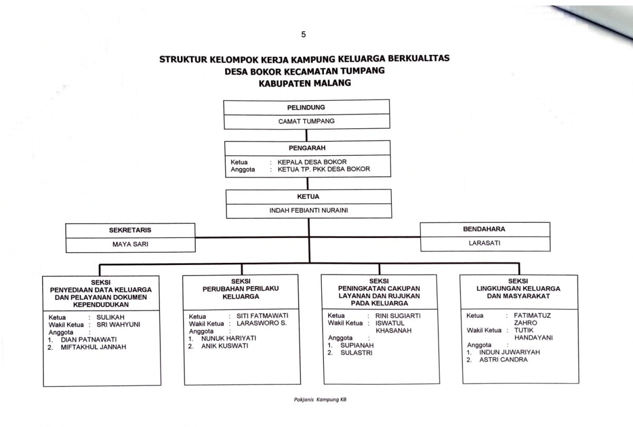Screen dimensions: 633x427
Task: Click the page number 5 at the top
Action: click(x=303, y=34)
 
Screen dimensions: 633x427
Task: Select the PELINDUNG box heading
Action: click(x=306, y=108)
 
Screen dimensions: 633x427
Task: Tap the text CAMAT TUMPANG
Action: click(x=306, y=121)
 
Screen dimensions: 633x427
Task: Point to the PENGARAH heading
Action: click(x=307, y=148)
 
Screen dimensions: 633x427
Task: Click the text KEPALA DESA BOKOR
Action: click(x=312, y=162)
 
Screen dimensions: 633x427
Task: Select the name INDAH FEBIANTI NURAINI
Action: click(x=309, y=211)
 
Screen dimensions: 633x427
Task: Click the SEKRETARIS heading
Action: click(x=130, y=230)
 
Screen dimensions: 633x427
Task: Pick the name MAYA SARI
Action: click(x=130, y=244)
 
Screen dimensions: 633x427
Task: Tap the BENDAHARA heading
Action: click(x=484, y=229)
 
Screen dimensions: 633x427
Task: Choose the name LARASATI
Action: click(x=484, y=243)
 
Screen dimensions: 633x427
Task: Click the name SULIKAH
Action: click(x=110, y=317)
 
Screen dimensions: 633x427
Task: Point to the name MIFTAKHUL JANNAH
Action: click(x=93, y=347)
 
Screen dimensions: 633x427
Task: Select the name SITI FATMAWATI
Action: click(x=263, y=316)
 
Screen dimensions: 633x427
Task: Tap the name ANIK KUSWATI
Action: click(x=225, y=346)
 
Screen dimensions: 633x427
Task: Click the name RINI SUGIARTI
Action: click(x=398, y=316)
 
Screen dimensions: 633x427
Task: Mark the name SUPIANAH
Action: click(x=357, y=345)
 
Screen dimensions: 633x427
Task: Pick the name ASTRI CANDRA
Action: click(x=503, y=359)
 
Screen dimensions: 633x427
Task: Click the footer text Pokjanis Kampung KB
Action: click(x=320, y=400)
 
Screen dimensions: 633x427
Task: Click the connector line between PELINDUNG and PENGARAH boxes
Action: click(x=306, y=135)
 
